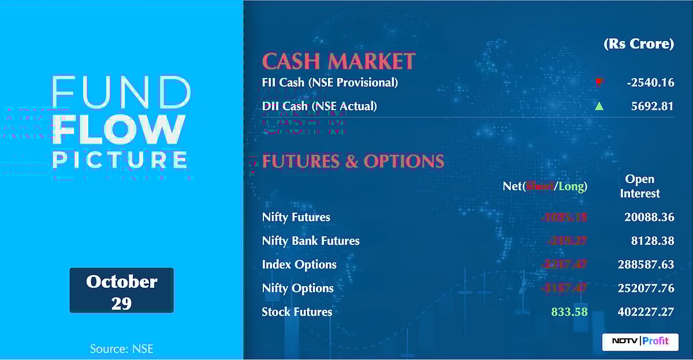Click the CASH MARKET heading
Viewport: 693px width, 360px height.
(338, 61)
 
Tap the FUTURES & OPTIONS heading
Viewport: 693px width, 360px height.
(353, 161)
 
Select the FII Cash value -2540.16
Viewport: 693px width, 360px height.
(650, 83)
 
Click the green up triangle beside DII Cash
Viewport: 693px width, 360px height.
(599, 106)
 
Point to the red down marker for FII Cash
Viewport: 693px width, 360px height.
(599, 82)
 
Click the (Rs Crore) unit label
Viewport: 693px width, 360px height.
(639, 44)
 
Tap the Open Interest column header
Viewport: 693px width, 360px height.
(640, 186)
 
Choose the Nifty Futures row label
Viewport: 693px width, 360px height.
(296, 217)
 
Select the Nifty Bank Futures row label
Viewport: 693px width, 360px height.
(311, 241)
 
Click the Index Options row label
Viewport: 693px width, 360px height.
(299, 265)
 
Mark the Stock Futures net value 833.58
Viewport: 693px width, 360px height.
(569, 312)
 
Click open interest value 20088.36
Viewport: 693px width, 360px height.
(649, 217)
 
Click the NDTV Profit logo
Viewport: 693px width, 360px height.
(640, 341)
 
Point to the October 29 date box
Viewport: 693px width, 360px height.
(121, 290)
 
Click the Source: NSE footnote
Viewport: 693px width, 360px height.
(121, 349)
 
